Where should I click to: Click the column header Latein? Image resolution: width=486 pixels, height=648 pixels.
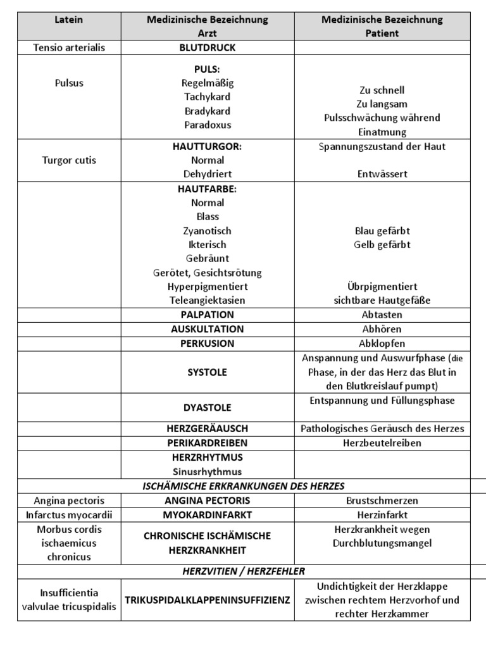[69, 20]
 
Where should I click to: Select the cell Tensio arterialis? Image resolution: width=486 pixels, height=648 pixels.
[69, 47]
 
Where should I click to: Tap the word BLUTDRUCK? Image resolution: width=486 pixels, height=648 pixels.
[207, 47]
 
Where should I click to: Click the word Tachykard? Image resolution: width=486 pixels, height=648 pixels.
[207, 97]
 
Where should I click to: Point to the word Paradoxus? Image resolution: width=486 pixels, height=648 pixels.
[207, 125]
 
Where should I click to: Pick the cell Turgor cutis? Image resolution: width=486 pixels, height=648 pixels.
[69, 160]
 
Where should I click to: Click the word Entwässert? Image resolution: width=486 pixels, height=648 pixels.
[382, 174]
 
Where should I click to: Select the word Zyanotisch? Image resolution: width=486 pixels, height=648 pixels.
[207, 231]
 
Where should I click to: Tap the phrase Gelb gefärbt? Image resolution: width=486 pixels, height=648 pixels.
[382, 245]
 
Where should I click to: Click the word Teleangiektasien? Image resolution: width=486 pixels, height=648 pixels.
[207, 301]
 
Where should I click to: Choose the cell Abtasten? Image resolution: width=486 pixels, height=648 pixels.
[382, 315]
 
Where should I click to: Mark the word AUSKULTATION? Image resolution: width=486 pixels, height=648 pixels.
[207, 329]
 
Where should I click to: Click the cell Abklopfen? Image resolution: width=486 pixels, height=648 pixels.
[382, 344]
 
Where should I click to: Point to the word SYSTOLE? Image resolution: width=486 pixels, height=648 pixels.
[207, 372]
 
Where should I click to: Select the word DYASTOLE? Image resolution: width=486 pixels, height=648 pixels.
[207, 408]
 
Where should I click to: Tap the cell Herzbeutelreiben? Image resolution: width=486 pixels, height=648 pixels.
[382, 443]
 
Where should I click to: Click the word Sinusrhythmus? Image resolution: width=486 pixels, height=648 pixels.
[207, 471]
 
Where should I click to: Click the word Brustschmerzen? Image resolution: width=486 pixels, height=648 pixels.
[382, 501]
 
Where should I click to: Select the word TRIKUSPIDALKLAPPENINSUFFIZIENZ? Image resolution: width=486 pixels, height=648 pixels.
[207, 600]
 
